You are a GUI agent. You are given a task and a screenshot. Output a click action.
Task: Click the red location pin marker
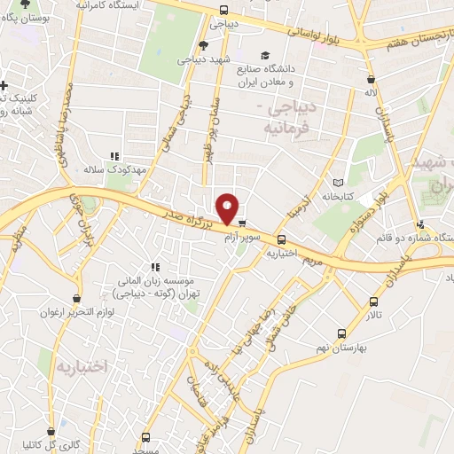(x=228, y=208)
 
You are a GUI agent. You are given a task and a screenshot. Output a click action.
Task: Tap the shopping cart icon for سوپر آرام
(x=242, y=223)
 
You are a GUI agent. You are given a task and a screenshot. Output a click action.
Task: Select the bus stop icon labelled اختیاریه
(x=282, y=239)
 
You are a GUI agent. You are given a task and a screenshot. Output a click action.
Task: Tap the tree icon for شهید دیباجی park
(x=203, y=45)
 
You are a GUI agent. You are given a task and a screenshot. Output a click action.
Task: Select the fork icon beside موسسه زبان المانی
(x=156, y=266)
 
